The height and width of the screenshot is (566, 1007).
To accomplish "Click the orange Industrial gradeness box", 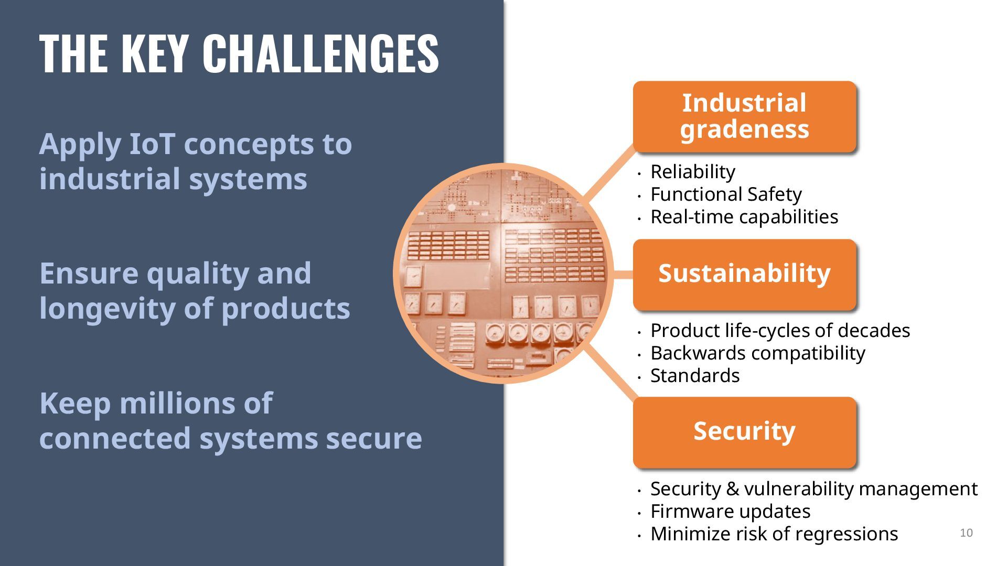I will coord(744,116).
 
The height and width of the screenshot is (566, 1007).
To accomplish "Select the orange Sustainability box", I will coord(744,274).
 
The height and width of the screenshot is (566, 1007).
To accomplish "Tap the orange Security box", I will coord(744,432).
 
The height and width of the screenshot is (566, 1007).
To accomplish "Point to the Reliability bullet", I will coord(692,172).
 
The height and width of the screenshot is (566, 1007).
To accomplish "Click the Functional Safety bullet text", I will coord(726,194).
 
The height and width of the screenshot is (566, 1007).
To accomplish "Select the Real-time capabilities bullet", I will coord(744,217).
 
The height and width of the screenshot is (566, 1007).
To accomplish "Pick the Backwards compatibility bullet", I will coord(757,353).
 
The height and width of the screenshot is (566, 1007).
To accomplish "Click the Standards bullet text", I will coord(695,376).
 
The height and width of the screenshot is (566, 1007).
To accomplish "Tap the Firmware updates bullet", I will coord(730,511).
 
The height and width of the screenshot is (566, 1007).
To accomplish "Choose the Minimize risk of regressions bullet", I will coord(774,534).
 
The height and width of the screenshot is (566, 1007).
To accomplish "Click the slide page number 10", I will coord(966,533).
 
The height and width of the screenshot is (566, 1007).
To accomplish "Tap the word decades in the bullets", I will coord(874,331).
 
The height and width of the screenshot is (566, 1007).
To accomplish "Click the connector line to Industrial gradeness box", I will coord(608,176).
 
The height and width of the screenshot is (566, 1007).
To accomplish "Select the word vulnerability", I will coord(799,489).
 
